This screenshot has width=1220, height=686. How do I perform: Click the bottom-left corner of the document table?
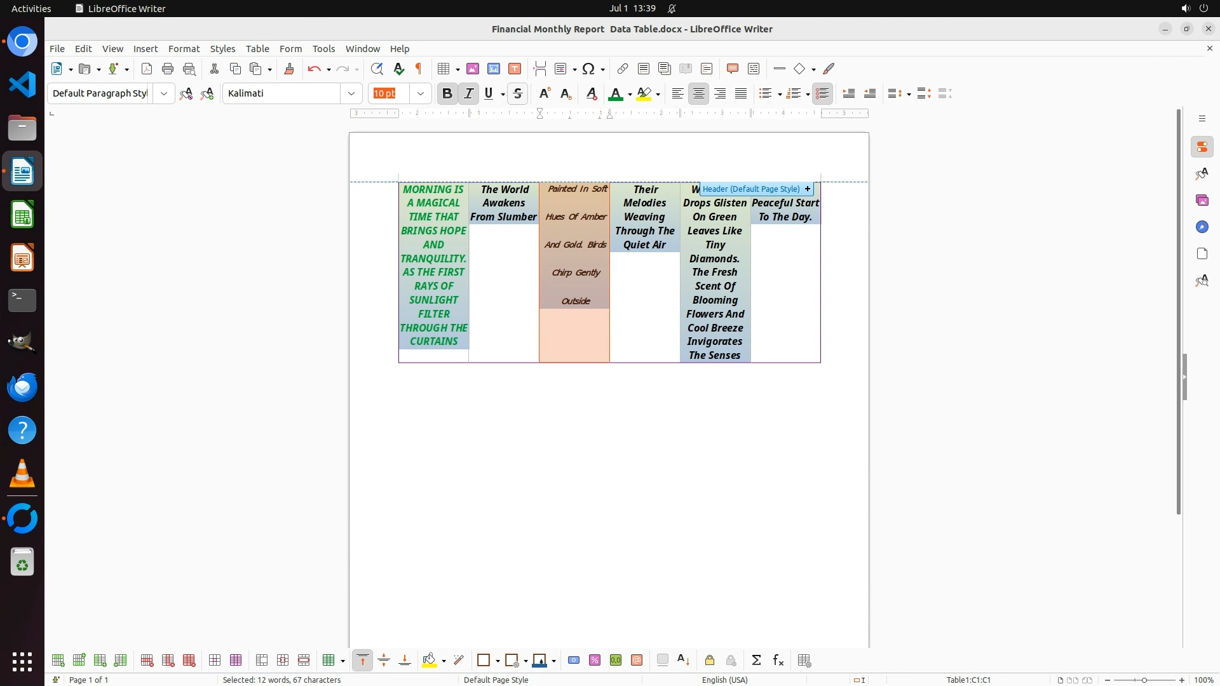[x=399, y=363]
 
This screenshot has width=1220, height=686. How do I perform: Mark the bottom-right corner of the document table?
[x=820, y=363]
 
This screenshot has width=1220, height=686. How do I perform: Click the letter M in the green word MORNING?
[x=408, y=189]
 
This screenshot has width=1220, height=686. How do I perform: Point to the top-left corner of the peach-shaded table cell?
[x=539, y=183]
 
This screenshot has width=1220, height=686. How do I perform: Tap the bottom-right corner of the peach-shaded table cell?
[x=609, y=362]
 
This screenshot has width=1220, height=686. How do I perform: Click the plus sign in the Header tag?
[x=808, y=189]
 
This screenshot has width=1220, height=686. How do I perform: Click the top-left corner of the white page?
[x=349, y=133]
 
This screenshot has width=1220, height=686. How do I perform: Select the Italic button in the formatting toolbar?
[x=469, y=93]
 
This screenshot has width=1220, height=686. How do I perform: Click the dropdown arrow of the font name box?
[x=351, y=93]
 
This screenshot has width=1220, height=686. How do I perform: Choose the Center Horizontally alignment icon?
[x=699, y=93]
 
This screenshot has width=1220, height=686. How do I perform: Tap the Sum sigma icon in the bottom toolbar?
[x=756, y=661]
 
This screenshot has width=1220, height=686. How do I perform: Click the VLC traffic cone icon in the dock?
[x=22, y=473]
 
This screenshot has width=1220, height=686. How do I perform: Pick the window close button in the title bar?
[x=1209, y=29]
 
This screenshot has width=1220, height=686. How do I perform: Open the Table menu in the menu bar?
[x=257, y=48]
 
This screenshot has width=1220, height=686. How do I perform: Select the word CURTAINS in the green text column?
[x=434, y=341]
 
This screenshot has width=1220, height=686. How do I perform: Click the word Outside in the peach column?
[x=576, y=301]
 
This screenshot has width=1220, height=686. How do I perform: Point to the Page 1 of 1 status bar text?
[x=88, y=680]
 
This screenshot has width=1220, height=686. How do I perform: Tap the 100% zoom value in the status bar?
[x=1204, y=680]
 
